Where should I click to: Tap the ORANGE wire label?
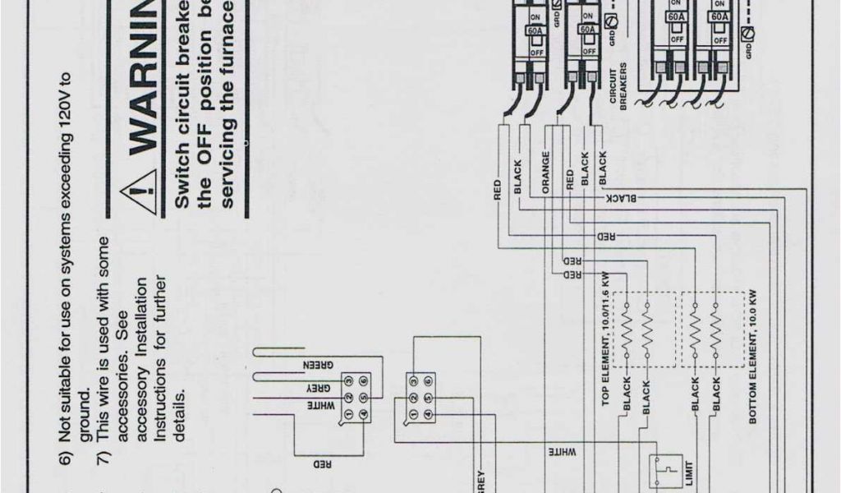coord(545,172)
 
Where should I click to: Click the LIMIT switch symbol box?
coord(661,472)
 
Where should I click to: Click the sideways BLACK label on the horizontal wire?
coord(621,198)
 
